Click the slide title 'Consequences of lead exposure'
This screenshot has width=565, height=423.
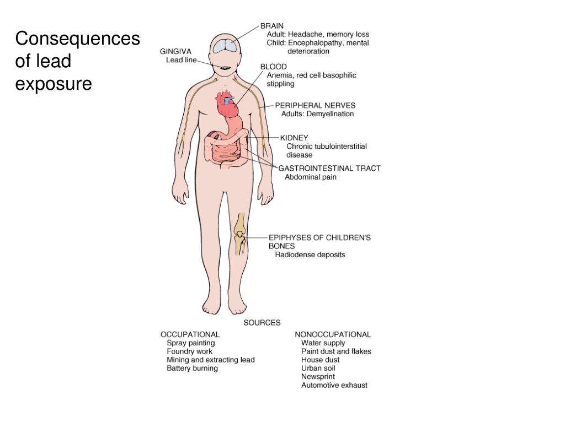pyautogui.click(x=77, y=61)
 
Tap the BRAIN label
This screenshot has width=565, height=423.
pyautogui.click(x=272, y=25)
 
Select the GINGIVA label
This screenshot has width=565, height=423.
pyautogui.click(x=175, y=51)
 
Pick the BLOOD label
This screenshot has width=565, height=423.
pyautogui.click(x=274, y=67)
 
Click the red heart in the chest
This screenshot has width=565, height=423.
pyautogui.click(x=227, y=104)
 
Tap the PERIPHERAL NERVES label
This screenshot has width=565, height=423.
pyautogui.click(x=315, y=105)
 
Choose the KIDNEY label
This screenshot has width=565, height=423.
pyautogui.click(x=294, y=138)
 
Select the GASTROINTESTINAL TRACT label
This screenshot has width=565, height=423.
pyautogui.click(x=329, y=168)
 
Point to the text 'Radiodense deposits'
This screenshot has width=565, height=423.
pyautogui.click(x=310, y=254)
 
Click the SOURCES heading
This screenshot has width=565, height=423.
pyautogui.click(x=262, y=323)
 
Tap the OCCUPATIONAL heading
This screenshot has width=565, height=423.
pyautogui.click(x=190, y=334)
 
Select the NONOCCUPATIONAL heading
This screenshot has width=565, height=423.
pyautogui.click(x=333, y=334)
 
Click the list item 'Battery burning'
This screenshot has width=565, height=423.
pyautogui.click(x=192, y=368)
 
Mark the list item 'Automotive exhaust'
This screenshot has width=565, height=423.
pyautogui.click(x=334, y=385)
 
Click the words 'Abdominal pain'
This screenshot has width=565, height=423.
pyautogui.click(x=310, y=177)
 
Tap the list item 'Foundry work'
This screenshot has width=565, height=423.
pyautogui.click(x=189, y=351)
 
